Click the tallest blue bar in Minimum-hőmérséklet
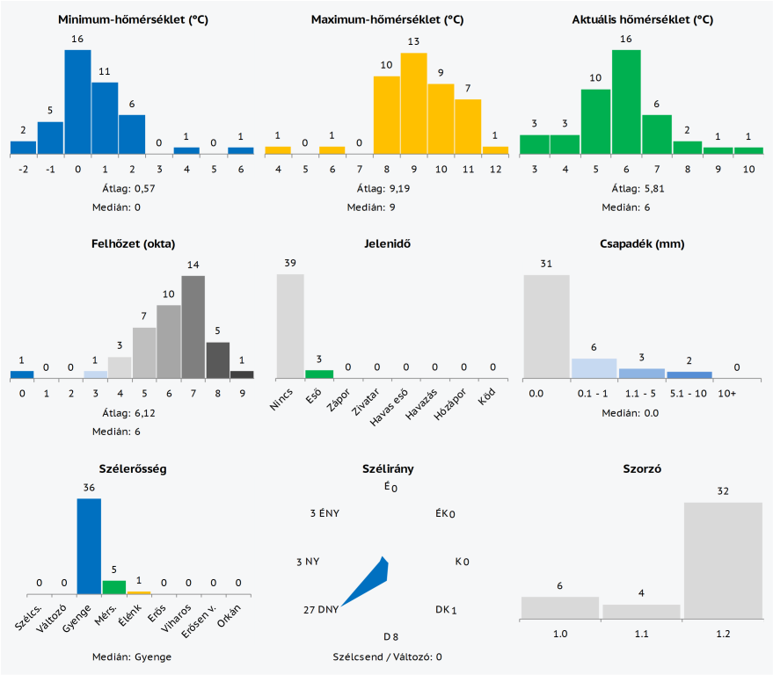point(77,102)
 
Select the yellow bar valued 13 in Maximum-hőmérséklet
point(413,104)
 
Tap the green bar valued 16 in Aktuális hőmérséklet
point(626,102)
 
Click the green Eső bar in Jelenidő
point(319,374)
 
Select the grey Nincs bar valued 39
point(290,326)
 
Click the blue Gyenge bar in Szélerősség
point(89,546)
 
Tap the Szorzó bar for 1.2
point(723,559)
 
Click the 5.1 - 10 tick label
point(689,392)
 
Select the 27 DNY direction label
point(320,609)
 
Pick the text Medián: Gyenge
point(132,657)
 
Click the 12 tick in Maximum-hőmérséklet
point(495,169)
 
